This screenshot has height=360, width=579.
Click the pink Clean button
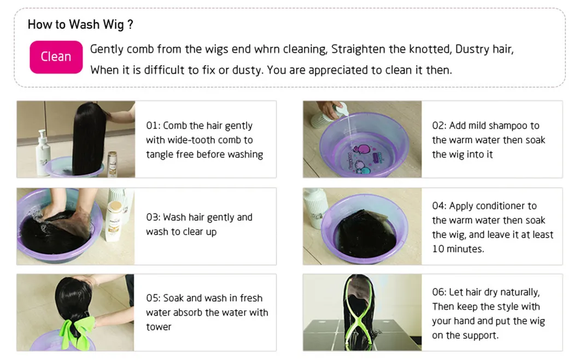[56, 57]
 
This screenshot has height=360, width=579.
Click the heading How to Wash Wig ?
[80, 25]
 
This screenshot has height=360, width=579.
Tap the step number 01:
[153, 126]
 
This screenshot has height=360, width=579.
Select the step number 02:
[440, 126]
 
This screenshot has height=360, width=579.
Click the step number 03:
[153, 217]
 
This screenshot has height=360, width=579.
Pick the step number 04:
[440, 206]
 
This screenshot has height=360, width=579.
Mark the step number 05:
[153, 298]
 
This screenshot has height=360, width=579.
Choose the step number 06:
[440, 292]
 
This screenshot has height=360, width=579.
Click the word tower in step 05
[159, 327]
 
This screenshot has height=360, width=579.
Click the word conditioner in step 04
[499, 206]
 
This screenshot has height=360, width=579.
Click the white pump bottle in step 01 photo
[43, 153]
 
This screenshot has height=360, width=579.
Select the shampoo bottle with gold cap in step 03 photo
[114, 221]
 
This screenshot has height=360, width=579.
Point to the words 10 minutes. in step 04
[458, 249]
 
